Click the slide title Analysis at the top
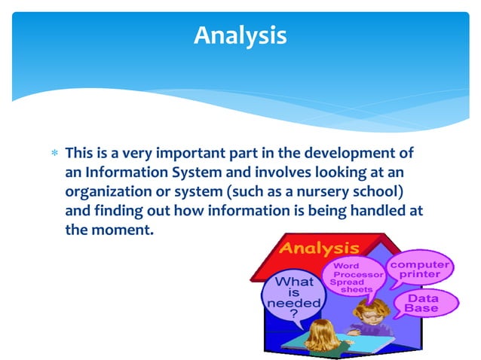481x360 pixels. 240,35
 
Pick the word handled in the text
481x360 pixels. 372,210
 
